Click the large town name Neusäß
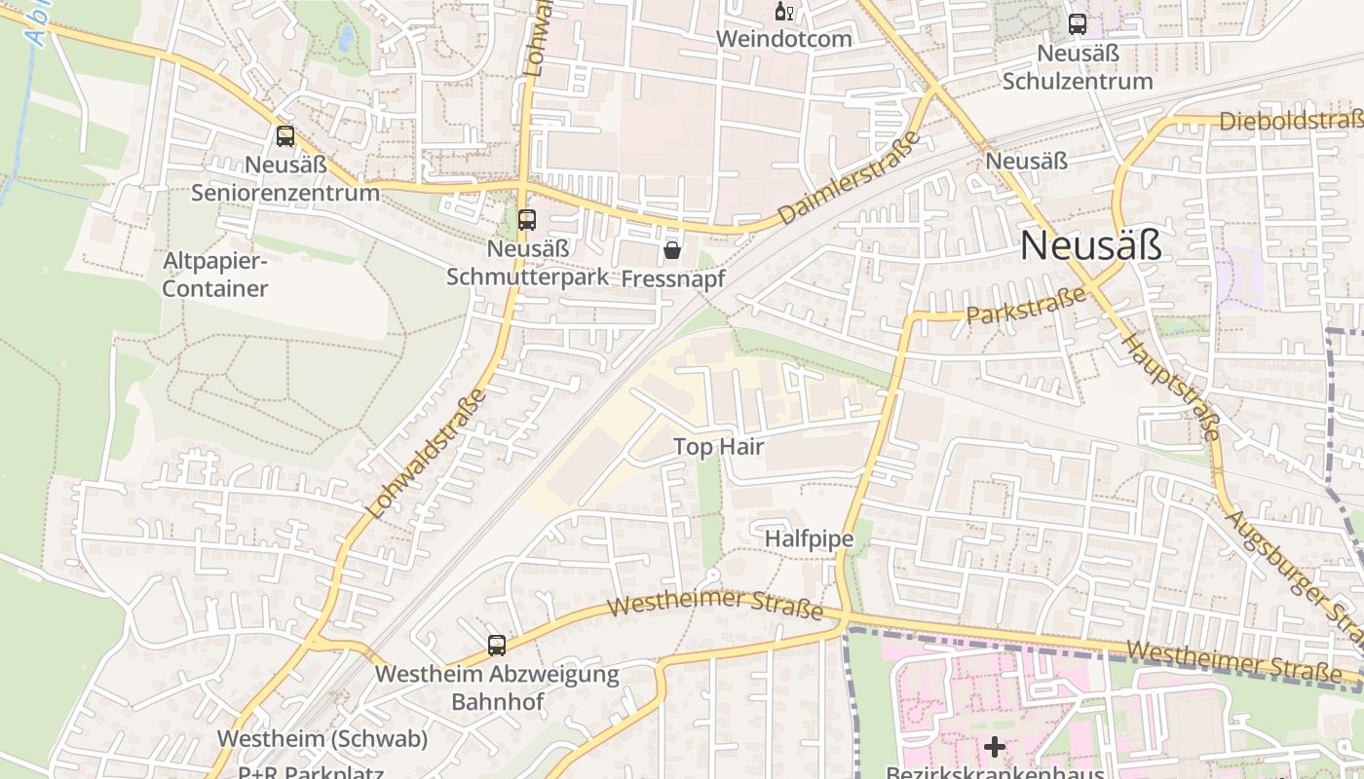(x=1090, y=246)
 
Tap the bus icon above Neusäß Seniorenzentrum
(x=284, y=136)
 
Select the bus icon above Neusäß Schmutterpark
(x=527, y=220)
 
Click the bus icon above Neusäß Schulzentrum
(x=1078, y=24)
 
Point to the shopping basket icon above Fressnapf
(x=671, y=251)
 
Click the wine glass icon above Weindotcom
(x=783, y=12)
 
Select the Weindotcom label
(x=783, y=39)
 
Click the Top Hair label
(x=719, y=447)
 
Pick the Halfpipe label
(x=809, y=538)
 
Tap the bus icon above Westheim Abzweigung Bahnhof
(x=497, y=645)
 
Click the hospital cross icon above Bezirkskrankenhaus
(x=994, y=748)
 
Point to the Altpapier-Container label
(x=215, y=275)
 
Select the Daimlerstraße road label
(x=850, y=178)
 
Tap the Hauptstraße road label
(x=1172, y=387)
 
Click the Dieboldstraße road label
(x=1290, y=121)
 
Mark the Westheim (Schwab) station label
(x=322, y=739)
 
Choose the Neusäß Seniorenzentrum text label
(x=284, y=178)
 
